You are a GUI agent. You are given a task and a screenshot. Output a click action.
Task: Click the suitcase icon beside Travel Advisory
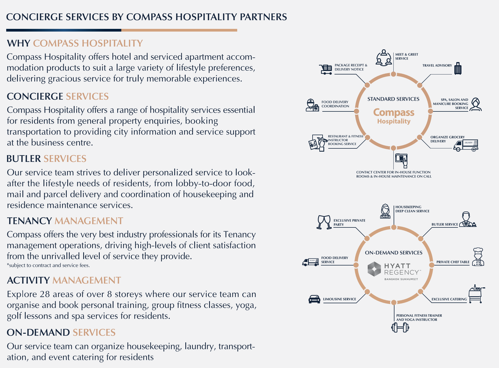458,69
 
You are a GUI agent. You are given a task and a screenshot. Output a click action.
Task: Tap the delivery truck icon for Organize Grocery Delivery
466,145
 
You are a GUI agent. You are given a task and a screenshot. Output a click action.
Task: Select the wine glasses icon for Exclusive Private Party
324,222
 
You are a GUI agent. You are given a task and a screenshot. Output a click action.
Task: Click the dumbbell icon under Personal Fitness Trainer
400,328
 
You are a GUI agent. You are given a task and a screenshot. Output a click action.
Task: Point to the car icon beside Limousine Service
314,299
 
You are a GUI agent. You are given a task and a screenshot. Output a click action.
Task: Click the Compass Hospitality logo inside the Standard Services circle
394,116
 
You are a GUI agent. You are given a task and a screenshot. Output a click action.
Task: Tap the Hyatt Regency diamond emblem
374,269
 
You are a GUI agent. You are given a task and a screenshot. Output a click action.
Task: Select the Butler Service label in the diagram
444,224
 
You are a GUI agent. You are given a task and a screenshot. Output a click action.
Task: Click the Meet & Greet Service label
406,56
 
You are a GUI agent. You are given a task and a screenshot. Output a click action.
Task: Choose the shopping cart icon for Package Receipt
326,69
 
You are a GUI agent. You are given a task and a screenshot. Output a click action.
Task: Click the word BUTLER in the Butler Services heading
24,159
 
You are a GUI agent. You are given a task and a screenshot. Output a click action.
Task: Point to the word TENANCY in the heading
29,221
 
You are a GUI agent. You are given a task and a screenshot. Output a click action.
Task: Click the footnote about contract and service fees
48,265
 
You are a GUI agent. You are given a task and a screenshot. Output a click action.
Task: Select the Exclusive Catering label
449,299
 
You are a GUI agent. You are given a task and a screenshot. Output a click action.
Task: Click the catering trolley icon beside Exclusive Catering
476,294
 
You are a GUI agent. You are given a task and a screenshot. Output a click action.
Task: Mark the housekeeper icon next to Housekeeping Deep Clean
385,211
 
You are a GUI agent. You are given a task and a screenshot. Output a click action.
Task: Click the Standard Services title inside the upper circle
393,99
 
